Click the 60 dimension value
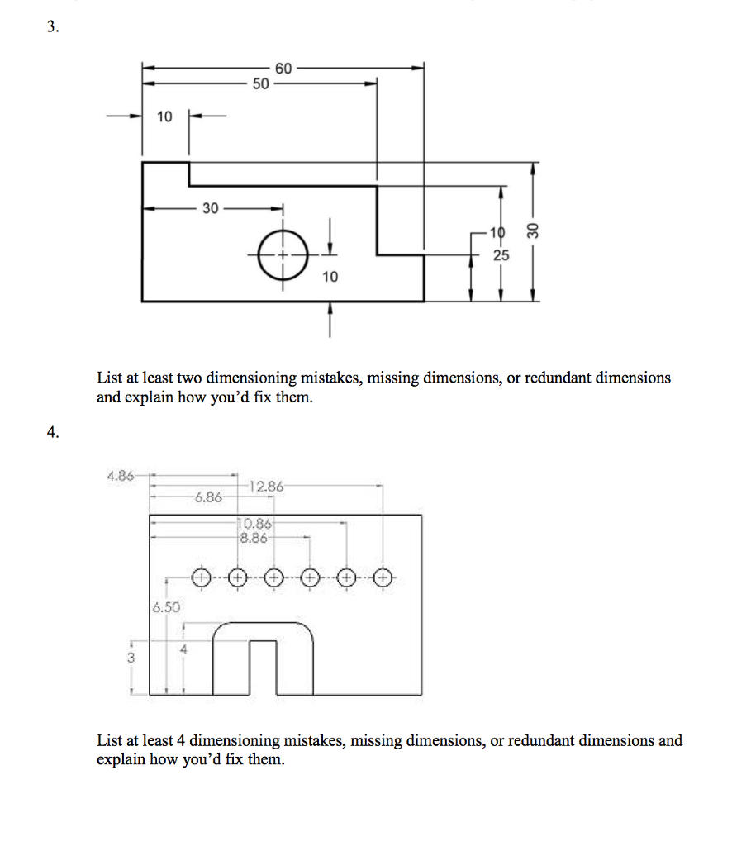click(283, 69)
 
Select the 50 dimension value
click(260, 83)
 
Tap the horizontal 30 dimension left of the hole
click(211, 208)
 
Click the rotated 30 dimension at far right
click(533, 231)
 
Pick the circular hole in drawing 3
click(283, 254)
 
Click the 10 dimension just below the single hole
click(330, 277)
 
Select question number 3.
click(52, 27)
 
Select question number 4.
click(54, 433)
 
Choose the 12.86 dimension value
click(266, 487)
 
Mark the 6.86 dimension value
click(207, 498)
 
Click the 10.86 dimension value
click(254, 523)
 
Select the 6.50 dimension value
click(165, 607)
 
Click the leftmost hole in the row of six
click(201, 577)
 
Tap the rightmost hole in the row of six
click(384, 577)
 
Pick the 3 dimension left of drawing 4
click(131, 658)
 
